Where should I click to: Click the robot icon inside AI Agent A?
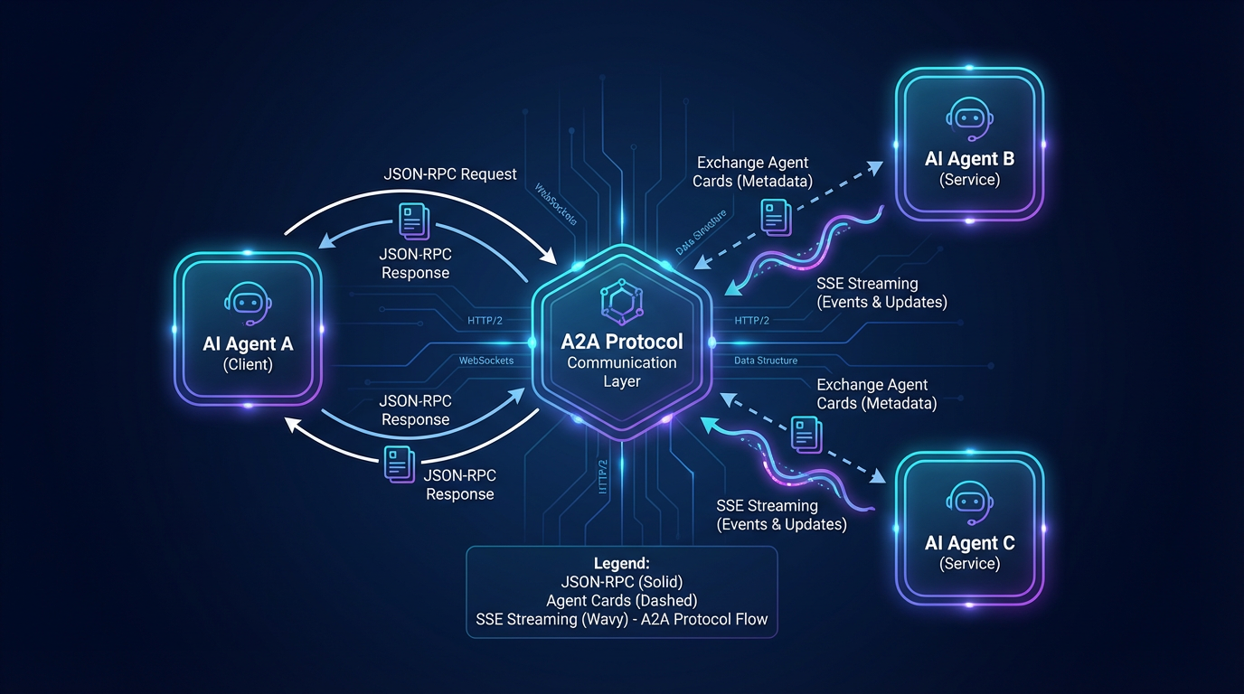pos(249,304)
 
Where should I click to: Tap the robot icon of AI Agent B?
pos(969,117)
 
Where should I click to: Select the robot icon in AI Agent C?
pos(969,502)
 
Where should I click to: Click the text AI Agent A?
pos(249,344)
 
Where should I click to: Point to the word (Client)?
pos(249,365)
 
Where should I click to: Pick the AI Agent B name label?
pos(969,159)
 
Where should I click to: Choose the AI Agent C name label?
pos(969,543)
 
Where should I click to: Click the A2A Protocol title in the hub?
pos(622,342)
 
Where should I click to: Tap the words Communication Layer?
pos(622,371)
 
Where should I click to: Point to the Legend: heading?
pos(622,563)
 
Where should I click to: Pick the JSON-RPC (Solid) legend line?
pos(622,582)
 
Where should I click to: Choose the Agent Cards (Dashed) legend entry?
pos(622,601)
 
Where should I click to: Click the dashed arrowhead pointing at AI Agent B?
pos(875,166)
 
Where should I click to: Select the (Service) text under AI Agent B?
pos(969,180)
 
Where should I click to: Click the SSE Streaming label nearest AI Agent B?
pos(882,293)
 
